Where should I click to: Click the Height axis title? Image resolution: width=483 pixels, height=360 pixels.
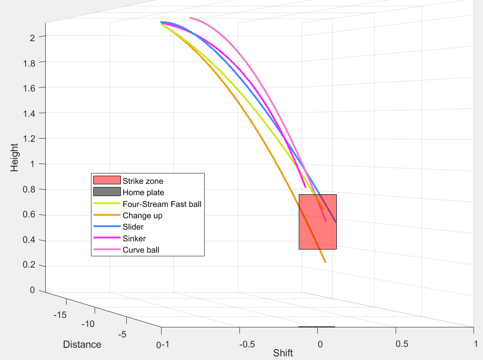click(x=15, y=157)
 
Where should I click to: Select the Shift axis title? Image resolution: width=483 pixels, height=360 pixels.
click(x=283, y=353)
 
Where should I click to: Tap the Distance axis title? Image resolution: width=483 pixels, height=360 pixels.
click(x=82, y=345)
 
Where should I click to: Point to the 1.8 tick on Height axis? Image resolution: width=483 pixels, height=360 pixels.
click(x=29, y=62)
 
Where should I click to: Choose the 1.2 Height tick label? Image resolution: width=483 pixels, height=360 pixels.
click(x=29, y=138)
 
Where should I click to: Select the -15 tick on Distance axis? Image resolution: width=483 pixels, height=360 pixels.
click(x=60, y=315)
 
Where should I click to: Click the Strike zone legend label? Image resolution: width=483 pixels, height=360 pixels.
click(x=143, y=181)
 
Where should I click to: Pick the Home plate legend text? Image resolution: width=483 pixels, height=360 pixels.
click(x=143, y=192)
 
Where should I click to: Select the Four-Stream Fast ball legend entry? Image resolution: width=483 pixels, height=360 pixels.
click(x=162, y=204)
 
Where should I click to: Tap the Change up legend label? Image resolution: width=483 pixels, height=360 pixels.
click(x=142, y=216)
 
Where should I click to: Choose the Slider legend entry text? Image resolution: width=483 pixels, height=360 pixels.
click(x=133, y=227)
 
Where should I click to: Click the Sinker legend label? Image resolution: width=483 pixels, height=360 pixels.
click(x=134, y=238)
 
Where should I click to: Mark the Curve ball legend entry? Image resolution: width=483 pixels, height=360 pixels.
click(x=141, y=250)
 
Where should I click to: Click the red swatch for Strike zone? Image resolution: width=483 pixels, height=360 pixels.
click(x=106, y=181)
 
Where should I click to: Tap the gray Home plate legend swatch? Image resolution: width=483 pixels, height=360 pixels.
click(x=106, y=192)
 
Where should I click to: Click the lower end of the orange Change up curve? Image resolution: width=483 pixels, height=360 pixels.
click(x=325, y=262)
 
